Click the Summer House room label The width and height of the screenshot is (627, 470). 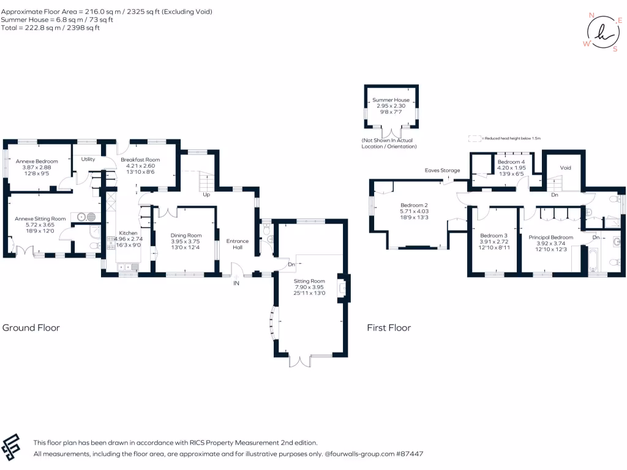point(391,100)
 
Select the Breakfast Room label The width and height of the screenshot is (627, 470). point(140,160)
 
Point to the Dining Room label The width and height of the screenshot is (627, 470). point(186,235)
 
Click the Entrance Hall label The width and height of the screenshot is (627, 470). point(238,244)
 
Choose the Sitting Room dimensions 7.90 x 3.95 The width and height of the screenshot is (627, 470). point(309,287)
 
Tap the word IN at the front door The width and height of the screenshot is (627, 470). point(236,283)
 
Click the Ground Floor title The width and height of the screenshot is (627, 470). point(31,327)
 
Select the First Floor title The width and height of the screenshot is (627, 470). point(389,327)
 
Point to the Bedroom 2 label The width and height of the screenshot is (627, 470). point(414,205)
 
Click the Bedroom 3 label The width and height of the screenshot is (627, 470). point(494,236)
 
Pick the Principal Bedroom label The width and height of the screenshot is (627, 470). point(550,237)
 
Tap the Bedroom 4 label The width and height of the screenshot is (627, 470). point(511,162)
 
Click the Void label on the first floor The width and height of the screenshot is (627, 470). point(565,167)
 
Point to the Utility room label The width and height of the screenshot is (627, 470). point(88,159)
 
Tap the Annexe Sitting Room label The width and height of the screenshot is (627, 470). point(40,218)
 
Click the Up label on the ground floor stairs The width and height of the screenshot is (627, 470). point(206,196)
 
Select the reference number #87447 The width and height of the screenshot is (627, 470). point(410,454)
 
